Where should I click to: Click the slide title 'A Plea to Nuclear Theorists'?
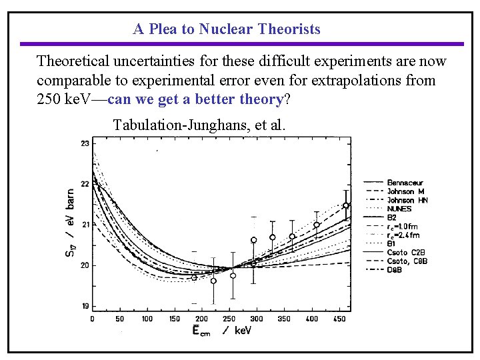click(x=227, y=29)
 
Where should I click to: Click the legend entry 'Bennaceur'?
click(x=405, y=183)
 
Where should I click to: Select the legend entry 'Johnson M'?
click(x=405, y=191)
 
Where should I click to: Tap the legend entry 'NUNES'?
click(x=399, y=209)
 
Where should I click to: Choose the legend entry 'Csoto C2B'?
click(x=405, y=253)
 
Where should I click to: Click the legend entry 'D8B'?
click(x=395, y=269)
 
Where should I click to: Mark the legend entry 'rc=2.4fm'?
click(x=403, y=235)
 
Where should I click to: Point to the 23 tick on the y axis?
click(x=85, y=143)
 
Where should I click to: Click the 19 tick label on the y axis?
click(x=85, y=306)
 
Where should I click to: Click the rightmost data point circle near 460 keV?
click(x=346, y=206)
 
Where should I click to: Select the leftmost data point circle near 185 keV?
click(x=194, y=277)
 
